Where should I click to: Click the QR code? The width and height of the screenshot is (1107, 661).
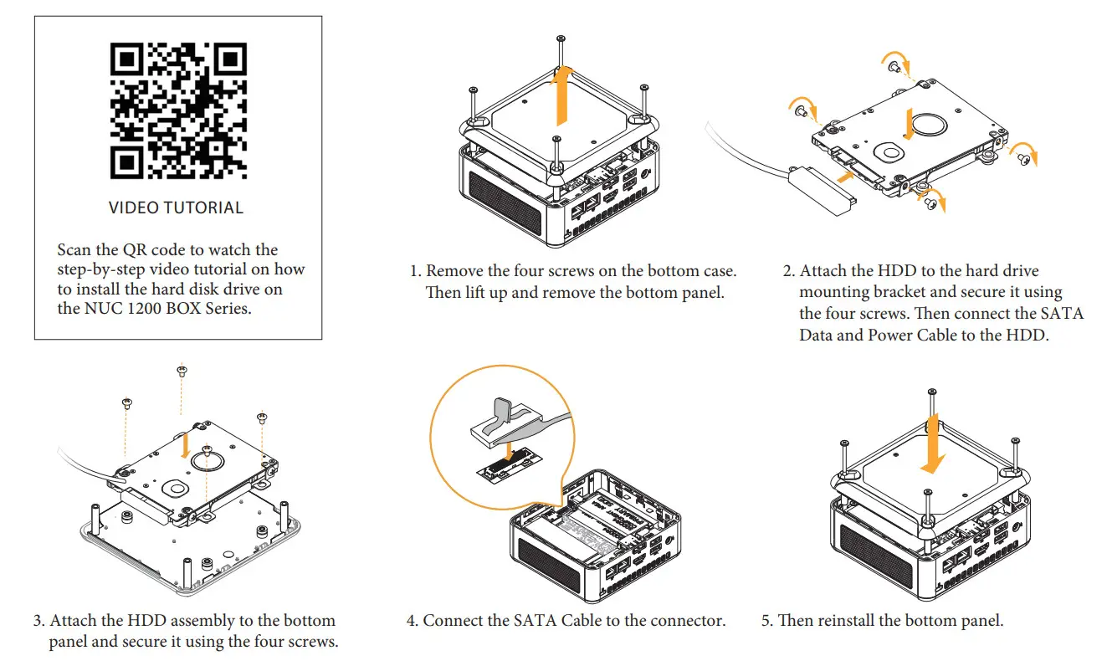[178, 110]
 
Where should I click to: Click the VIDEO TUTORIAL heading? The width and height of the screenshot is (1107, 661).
[177, 208]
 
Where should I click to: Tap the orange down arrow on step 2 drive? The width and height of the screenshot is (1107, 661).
[910, 121]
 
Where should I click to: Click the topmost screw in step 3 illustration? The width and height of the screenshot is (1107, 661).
[181, 369]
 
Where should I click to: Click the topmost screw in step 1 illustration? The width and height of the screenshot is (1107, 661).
[559, 39]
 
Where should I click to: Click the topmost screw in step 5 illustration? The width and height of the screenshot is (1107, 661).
[930, 392]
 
